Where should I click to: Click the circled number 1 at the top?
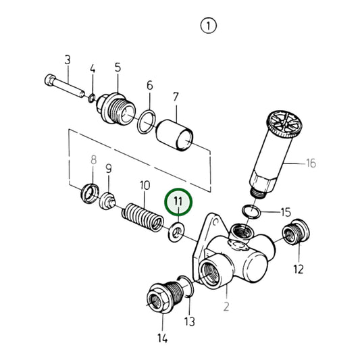tap(209, 26)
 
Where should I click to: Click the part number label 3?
tap(68, 60)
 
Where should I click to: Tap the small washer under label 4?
tap(91, 100)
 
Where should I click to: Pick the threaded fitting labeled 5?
tap(113, 107)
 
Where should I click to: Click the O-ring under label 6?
tap(145, 123)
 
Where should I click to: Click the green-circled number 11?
tap(178, 201)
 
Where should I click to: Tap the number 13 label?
tap(190, 321)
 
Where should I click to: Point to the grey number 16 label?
tap(311, 163)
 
